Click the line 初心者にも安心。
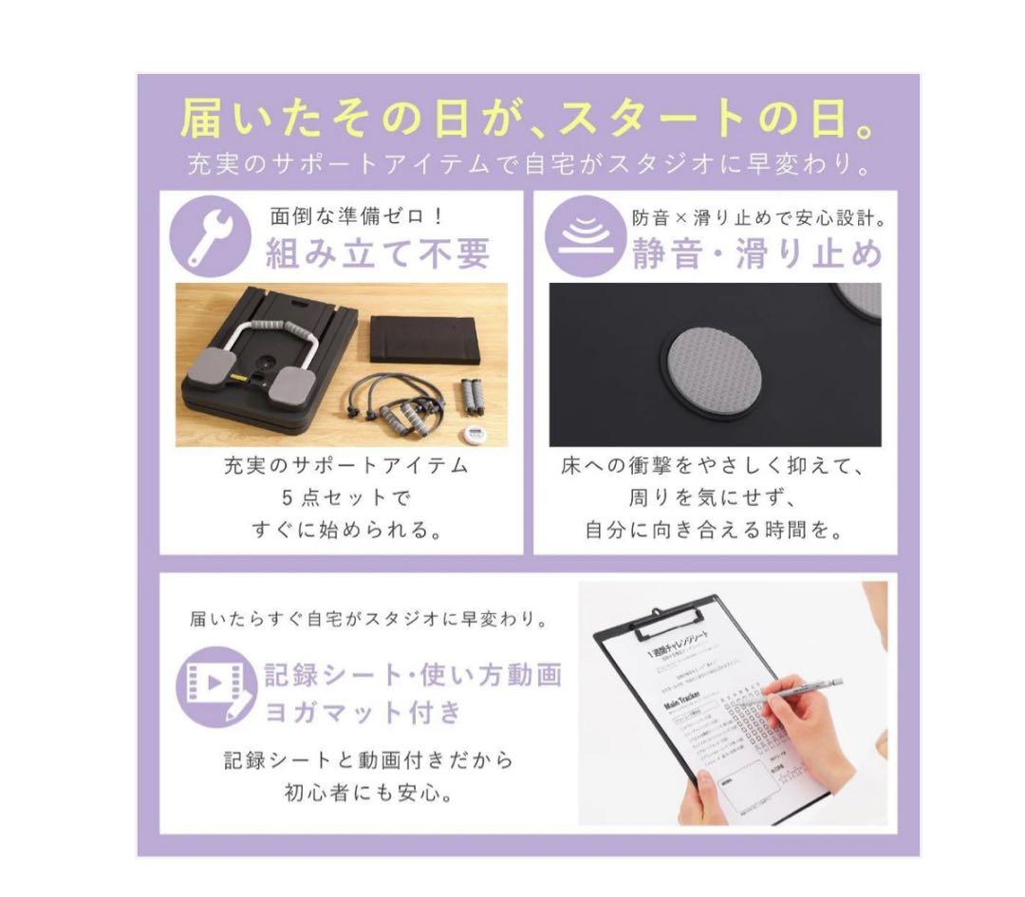[x=368, y=792]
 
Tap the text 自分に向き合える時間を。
[x=714, y=530]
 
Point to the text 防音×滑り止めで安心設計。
[x=758, y=216]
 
